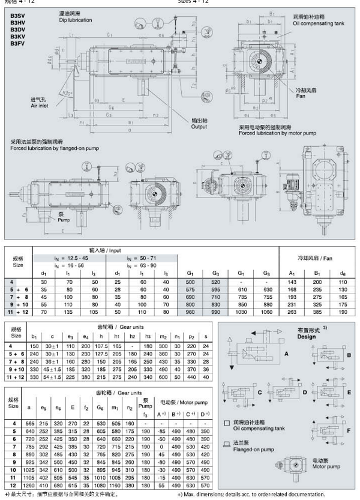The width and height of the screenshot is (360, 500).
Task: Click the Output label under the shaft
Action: coord(199,127)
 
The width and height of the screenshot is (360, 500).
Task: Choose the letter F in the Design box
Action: coord(349,430)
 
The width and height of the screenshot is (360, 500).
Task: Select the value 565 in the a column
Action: coord(29,423)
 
